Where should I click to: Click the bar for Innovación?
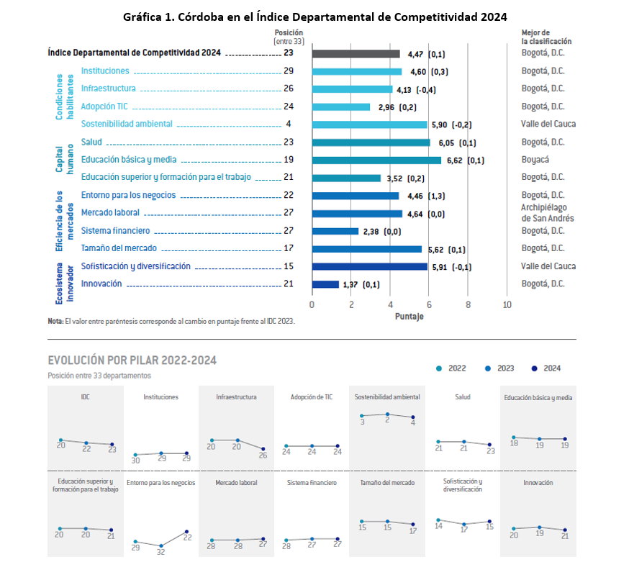[325, 284]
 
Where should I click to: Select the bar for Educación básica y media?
[376, 160]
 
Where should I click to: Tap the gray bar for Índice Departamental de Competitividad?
[356, 54]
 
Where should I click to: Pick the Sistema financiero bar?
[335, 231]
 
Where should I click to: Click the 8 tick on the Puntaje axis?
[468, 304]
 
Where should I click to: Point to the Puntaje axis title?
[409, 316]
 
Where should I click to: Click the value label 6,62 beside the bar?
[454, 160]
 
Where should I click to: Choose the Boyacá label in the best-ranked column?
[535, 160]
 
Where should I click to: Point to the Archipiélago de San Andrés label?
[547, 213]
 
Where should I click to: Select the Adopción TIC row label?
[105, 106]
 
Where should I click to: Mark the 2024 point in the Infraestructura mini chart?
[263, 449]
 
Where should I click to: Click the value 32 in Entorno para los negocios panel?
[160, 553]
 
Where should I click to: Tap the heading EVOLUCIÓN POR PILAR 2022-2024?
[132, 360]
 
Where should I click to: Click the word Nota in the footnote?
[55, 322]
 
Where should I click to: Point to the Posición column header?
[289, 32]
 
